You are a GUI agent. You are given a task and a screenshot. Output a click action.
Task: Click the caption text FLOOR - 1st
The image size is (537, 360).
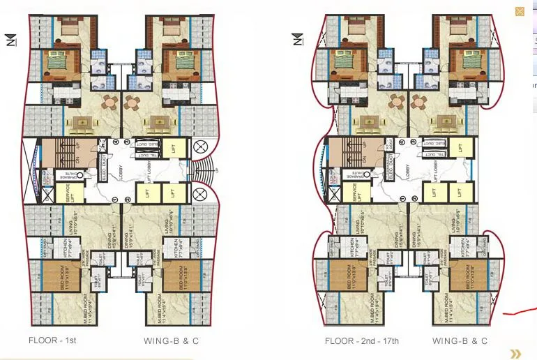coord(52,341)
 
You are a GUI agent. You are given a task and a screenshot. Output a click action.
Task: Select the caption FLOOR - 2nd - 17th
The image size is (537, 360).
coord(361,341)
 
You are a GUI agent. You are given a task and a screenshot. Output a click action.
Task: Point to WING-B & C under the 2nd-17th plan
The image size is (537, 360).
coord(460,341)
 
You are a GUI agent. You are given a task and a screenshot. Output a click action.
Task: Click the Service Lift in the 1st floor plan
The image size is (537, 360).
coord(73,193)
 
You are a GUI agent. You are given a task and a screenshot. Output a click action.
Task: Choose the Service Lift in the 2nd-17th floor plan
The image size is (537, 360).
coord(360,193)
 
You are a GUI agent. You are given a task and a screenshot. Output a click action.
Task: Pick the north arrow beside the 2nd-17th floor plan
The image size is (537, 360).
coord(298,39)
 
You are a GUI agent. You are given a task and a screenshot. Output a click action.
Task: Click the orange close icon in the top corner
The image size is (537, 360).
coord(520,11)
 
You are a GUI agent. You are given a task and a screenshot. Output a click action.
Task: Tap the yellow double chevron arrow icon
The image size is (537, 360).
coord(515,354)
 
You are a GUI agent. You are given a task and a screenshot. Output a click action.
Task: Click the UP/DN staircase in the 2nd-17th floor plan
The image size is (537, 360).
coord(347,152)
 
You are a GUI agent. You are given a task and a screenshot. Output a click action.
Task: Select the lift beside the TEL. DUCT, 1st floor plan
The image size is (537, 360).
coord(174,148)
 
